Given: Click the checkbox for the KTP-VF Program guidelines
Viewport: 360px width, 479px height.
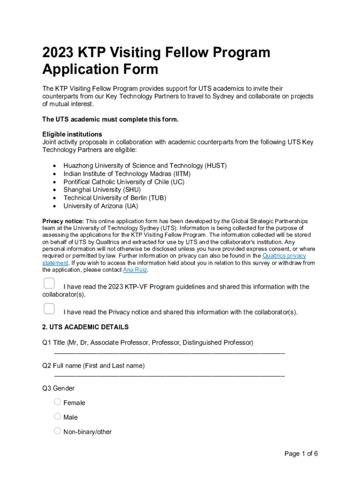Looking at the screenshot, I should coord(49,283).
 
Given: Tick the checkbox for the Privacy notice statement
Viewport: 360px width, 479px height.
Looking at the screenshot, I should coord(49,309).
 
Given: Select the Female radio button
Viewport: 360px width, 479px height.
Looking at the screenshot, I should coord(58,402).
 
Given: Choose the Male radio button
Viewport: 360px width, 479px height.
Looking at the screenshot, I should coord(58,416).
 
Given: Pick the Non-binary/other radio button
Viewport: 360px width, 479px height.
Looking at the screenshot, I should coord(58,431).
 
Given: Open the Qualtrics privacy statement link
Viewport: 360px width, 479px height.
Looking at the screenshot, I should coord(284,256).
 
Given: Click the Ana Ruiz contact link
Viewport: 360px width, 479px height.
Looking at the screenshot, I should coord(135,270).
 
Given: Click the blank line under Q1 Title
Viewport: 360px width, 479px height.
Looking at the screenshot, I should coord(169,352).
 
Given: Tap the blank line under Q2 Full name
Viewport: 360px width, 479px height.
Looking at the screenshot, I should coord(169,375).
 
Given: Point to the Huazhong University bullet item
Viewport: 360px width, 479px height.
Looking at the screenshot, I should coord(145,166).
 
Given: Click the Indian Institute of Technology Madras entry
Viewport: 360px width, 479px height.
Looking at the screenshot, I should coord(127,174).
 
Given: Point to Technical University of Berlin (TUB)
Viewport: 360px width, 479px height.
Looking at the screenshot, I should coord(115,197).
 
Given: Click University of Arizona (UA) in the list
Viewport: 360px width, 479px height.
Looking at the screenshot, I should coord(101,206).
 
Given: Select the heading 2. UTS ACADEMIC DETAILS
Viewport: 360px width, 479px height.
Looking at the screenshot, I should coord(85,327).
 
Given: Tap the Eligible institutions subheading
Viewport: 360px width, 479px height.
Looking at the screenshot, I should coord(72,134).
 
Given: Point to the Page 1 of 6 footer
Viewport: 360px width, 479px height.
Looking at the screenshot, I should coord(301,453).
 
